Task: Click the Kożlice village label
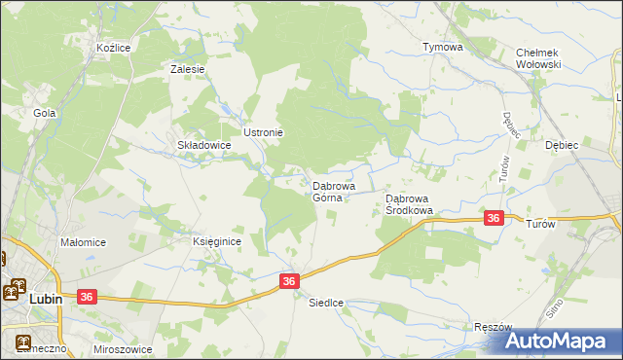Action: coord(114,47)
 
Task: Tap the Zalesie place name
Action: coord(187,69)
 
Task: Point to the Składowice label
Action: coord(203,145)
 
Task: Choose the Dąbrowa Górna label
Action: coord(333,191)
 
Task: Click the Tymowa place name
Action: coord(442,47)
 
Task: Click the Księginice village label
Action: coord(216,241)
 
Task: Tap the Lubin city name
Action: coord(46,300)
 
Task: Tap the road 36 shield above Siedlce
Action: coord(289,280)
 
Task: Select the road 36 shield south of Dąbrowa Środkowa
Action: coord(494,219)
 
